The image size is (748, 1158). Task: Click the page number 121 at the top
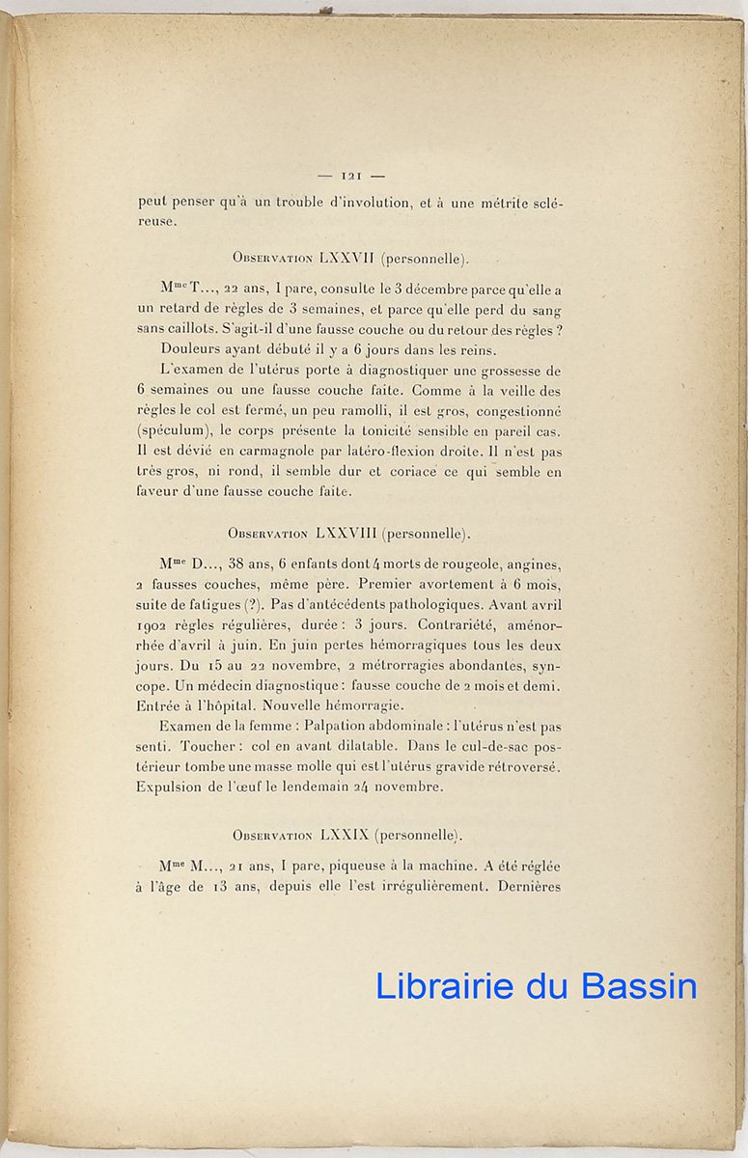[x=350, y=176]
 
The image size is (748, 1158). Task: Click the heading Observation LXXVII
[x=350, y=259]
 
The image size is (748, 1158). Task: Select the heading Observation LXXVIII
[x=349, y=534]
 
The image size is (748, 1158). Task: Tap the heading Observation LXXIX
[x=349, y=835]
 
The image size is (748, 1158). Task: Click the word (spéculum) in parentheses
[x=171, y=430]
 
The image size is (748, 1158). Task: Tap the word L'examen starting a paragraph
[x=196, y=371]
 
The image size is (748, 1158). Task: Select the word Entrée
[x=162, y=706]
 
